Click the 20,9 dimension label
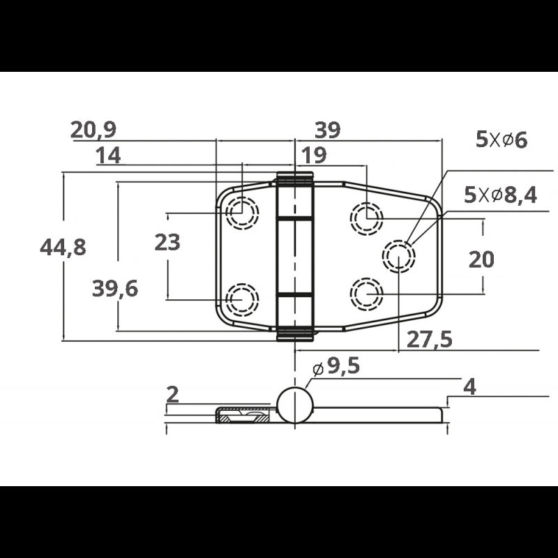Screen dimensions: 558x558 click(93, 130)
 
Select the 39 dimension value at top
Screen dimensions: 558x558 click(327, 130)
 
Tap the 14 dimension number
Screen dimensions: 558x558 click(109, 156)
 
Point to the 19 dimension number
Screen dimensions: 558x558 click(314, 156)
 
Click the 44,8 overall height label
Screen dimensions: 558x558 click(63, 248)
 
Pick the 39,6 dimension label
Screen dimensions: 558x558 click(115, 289)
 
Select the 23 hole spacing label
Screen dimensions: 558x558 click(167, 242)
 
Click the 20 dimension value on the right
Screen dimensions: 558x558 click(481, 259)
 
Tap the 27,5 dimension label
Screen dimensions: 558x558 click(429, 340)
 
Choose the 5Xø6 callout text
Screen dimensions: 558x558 click(502, 140)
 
